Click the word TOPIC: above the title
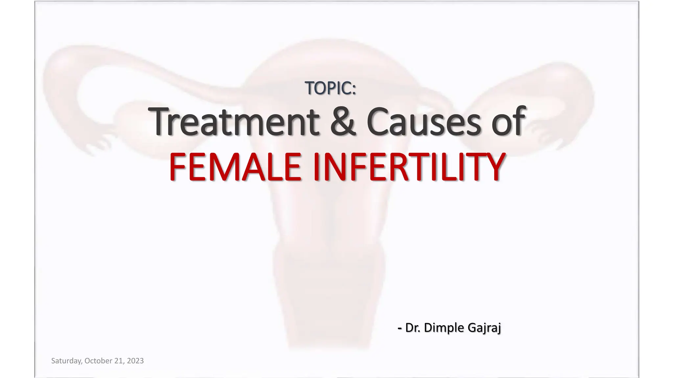pyautogui.click(x=330, y=88)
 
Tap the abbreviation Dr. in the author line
pyautogui.click(x=413, y=327)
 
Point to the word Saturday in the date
pyautogui.click(x=66, y=361)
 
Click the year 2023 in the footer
pyautogui.click(x=135, y=361)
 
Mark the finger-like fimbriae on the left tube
pyautogui.click(x=99, y=143)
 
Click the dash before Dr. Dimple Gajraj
pyautogui.click(x=400, y=328)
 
